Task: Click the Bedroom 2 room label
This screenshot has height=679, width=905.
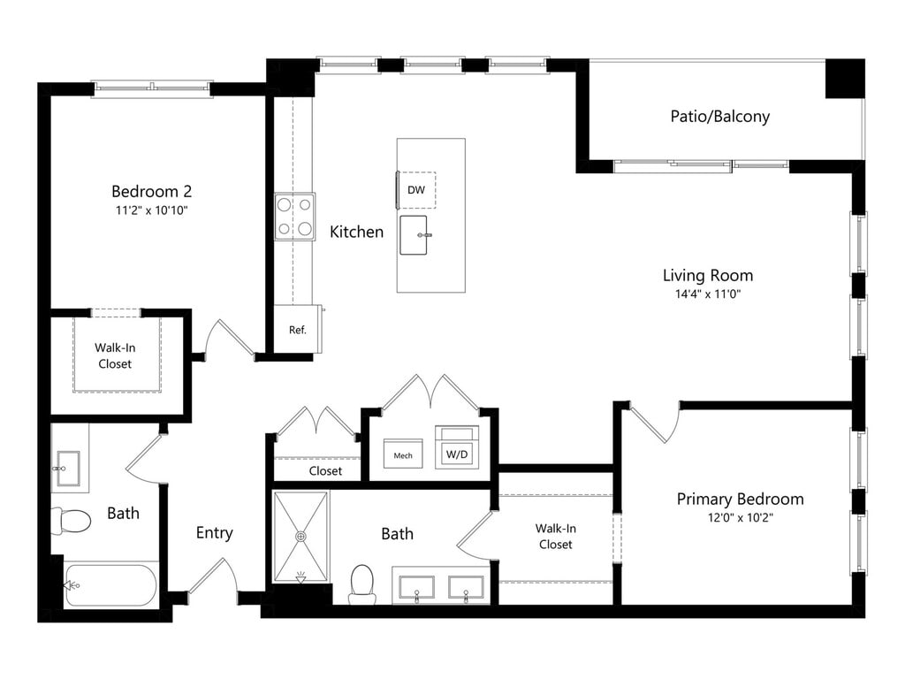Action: pyautogui.click(x=151, y=191)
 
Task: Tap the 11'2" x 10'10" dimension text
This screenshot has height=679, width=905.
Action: pyautogui.click(x=152, y=210)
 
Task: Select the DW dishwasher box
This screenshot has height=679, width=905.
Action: pyautogui.click(x=416, y=190)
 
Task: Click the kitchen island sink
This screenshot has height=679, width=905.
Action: pyautogui.click(x=414, y=235)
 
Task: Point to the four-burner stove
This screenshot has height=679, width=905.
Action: pyautogui.click(x=294, y=217)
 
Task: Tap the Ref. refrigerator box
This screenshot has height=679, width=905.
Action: pyautogui.click(x=298, y=329)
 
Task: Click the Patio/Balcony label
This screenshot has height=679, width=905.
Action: pyautogui.click(x=719, y=116)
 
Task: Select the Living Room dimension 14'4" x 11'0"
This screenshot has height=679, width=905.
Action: pyautogui.click(x=708, y=294)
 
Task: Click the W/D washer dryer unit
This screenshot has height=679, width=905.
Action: pyautogui.click(x=457, y=447)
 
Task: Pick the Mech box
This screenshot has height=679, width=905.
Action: pyautogui.click(x=403, y=454)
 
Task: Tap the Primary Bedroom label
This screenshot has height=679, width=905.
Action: pyautogui.click(x=740, y=499)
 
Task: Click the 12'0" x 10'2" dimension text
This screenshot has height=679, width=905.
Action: pyautogui.click(x=740, y=517)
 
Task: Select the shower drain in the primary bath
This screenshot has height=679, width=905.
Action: pyautogui.click(x=300, y=537)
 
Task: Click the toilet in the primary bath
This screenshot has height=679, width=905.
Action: pyautogui.click(x=362, y=584)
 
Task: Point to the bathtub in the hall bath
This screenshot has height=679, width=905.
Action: pyautogui.click(x=110, y=585)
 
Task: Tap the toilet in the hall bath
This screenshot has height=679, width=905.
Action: pyautogui.click(x=72, y=520)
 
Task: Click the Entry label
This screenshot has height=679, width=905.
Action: pyautogui.click(x=214, y=532)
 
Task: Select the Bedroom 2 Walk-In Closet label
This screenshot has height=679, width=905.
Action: pyautogui.click(x=115, y=355)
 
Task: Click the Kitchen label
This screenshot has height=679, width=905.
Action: pyautogui.click(x=357, y=233)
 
